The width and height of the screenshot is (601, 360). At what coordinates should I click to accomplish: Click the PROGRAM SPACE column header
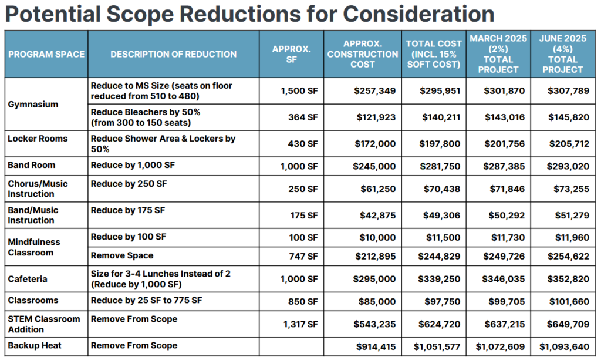point(46,54)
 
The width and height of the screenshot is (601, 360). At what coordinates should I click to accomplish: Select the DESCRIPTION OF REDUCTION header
point(173,54)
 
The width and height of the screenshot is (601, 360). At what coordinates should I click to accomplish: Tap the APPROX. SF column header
point(291,54)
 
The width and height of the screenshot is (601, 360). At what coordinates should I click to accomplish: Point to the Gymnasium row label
point(33,104)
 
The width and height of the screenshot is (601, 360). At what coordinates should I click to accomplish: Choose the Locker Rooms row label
point(38,139)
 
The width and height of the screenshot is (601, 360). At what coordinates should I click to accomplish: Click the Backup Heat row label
point(33,346)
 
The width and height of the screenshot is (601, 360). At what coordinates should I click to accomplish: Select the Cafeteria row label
point(28,279)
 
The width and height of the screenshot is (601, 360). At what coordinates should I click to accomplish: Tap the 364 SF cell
point(302,117)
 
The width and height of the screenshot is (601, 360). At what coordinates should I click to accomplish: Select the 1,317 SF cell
point(299,324)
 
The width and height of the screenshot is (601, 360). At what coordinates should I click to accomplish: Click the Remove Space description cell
point(122,255)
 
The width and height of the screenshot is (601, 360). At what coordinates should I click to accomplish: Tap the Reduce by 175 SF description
point(128,210)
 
